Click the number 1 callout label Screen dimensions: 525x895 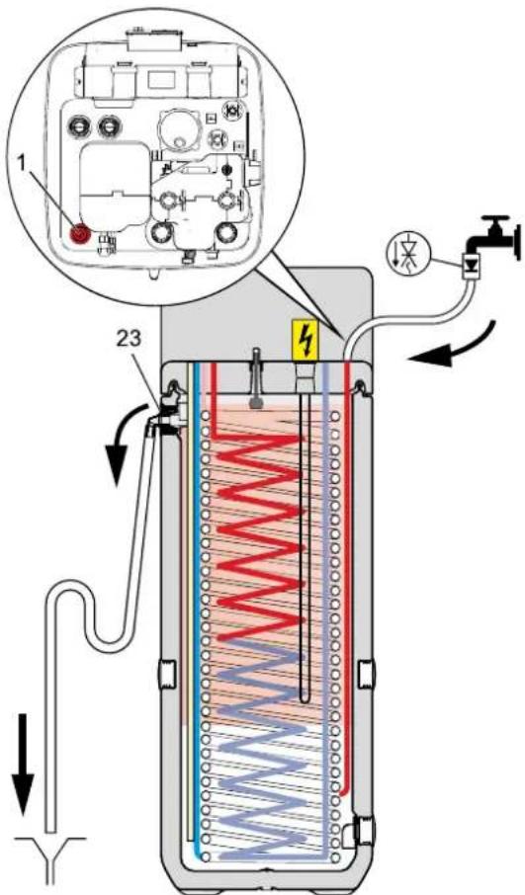click(23, 164)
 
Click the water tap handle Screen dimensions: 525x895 click(495, 220)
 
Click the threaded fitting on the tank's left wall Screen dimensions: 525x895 click(167, 674)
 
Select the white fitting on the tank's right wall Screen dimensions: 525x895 click(366, 675)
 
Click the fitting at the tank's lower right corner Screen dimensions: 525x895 click(360, 832)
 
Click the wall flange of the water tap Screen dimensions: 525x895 click(517, 240)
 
